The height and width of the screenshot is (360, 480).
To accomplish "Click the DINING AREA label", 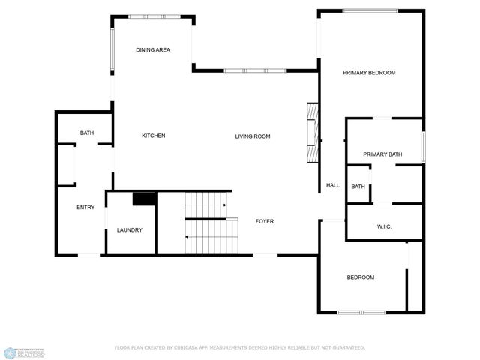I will click(153, 50).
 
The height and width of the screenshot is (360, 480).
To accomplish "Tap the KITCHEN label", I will click(154, 136).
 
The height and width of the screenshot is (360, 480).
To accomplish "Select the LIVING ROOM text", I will click(252, 136).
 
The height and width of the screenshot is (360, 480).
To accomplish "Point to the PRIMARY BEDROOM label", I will click(369, 73).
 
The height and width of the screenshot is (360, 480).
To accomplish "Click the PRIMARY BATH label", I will click(382, 154).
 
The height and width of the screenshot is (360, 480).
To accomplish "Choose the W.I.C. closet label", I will click(384, 227).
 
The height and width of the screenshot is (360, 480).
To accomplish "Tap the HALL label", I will click(333, 185).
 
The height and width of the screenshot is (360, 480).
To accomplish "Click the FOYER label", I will click(265, 221).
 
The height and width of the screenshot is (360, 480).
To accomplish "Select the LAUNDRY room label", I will click(130, 230).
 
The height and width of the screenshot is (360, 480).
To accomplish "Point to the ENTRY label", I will click(85, 208).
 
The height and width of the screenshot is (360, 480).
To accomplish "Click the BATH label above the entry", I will click(87, 133).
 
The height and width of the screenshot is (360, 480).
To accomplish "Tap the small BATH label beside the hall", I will click(358, 187).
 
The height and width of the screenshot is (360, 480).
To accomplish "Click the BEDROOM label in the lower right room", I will click(360, 277).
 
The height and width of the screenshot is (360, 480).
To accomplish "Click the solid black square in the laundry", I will click(143, 199).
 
